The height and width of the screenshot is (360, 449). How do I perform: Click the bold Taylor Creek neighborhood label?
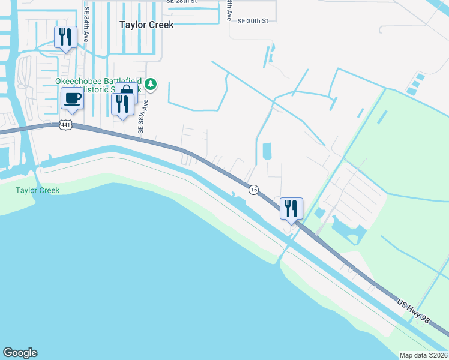pos(146,25)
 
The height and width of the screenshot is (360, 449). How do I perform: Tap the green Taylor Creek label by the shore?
pos(37,190)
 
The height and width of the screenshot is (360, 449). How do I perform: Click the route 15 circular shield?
pos(253,190)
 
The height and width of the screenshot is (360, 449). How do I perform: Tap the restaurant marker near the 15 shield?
pos(291,209)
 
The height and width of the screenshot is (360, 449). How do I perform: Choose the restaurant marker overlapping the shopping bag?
pos(122,105)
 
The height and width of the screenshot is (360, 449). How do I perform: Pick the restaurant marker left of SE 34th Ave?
pos(65,37)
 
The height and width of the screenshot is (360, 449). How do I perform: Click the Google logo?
pos(20,353)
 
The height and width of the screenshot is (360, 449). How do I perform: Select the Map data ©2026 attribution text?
pos(424,355)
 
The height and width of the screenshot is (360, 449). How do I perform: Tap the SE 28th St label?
pos(182,2)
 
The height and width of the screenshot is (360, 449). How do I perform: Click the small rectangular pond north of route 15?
pos(267,152)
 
